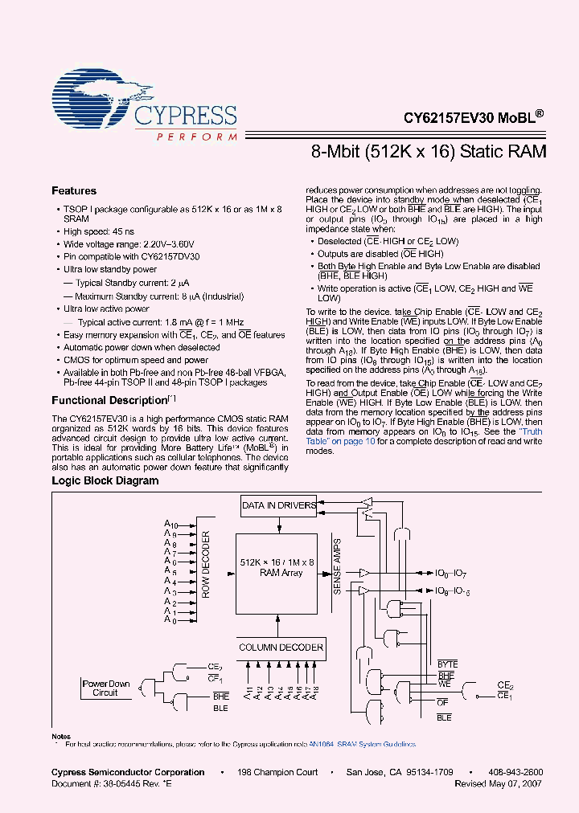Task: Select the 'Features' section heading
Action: click(x=74, y=191)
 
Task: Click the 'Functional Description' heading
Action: click(x=109, y=400)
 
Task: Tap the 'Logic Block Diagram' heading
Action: click(x=105, y=481)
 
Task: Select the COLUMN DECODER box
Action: click(x=281, y=647)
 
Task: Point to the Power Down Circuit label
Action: click(x=105, y=688)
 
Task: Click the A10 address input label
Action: click(x=170, y=525)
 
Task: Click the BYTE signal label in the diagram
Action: click(x=447, y=664)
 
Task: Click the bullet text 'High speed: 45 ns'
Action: click(x=101, y=231)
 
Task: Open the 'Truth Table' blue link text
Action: click(x=530, y=431)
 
